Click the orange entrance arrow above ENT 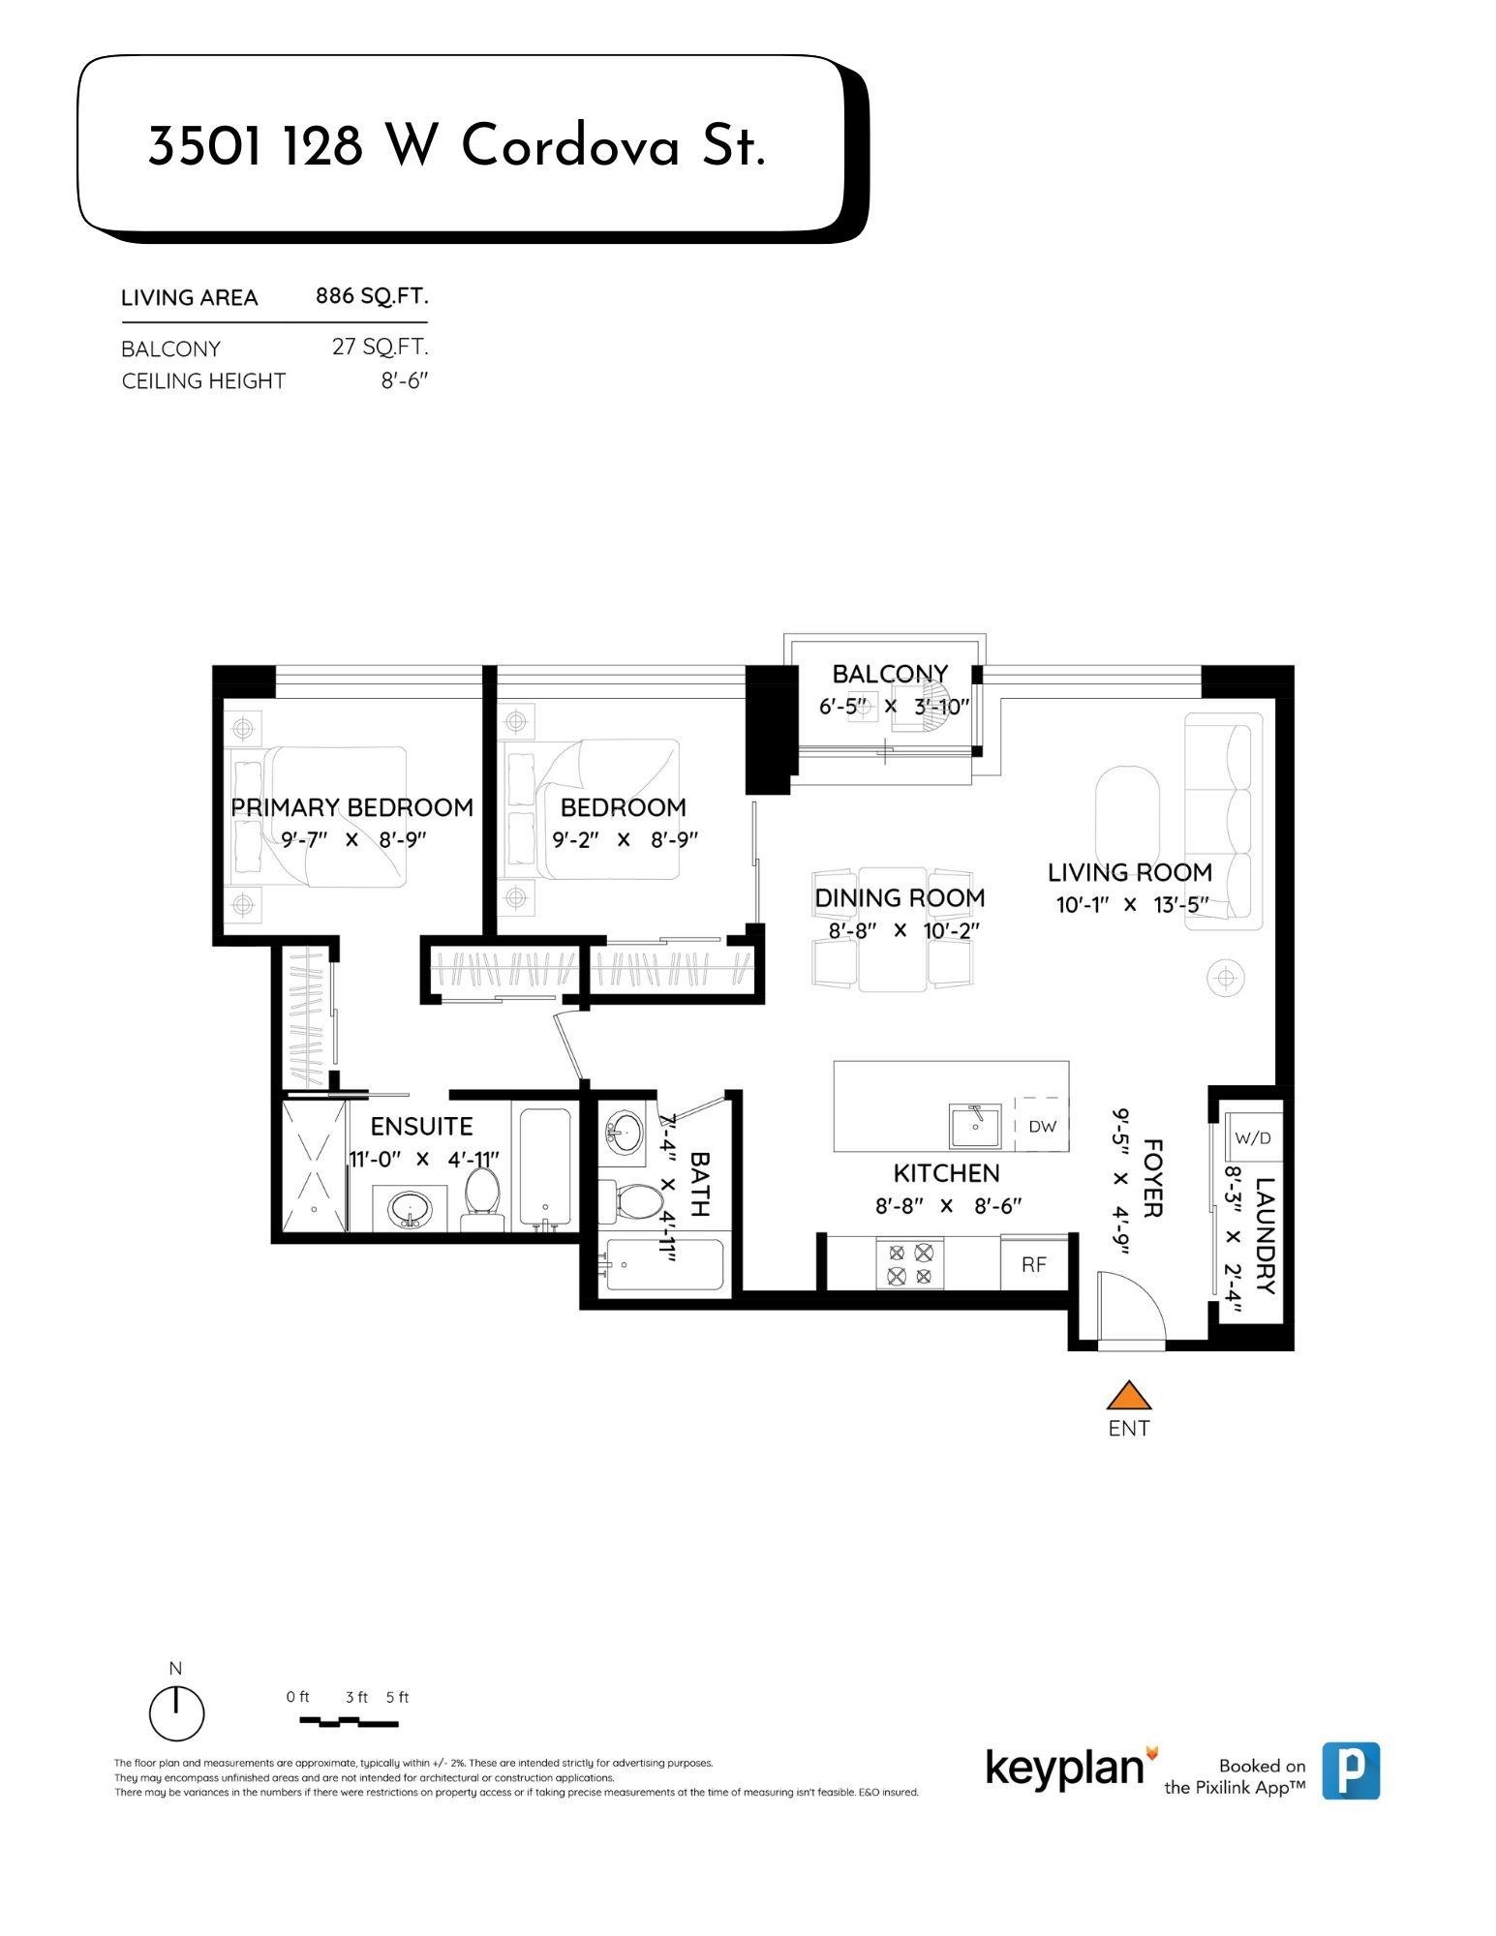pos(1128,1396)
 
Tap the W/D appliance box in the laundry pos(1252,1137)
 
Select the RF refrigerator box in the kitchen pos(1033,1264)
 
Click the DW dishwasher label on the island pos(1042,1126)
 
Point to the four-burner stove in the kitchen pos(910,1264)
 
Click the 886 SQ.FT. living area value pos(372,296)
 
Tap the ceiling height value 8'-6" pos(404,380)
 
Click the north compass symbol pos(176,1712)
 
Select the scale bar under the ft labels pos(349,1722)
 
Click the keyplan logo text pos(1065,1768)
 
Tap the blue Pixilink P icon pos(1351,1770)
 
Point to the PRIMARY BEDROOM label pos(351,807)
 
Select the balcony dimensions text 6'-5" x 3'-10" pos(893,707)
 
